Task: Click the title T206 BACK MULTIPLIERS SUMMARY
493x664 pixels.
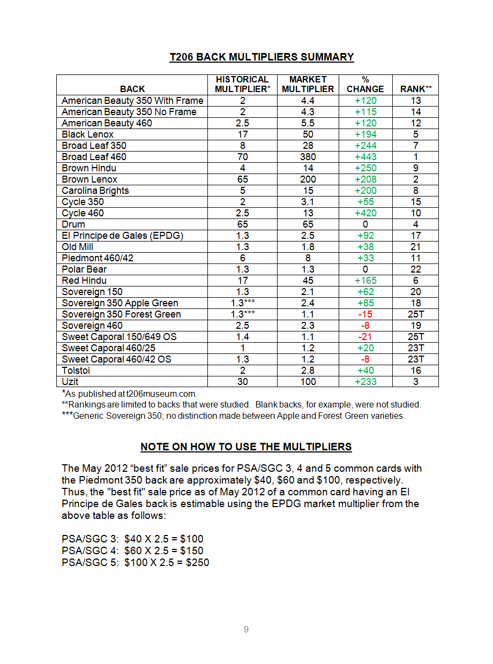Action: (262, 57)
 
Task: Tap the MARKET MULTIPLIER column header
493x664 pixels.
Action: (308, 84)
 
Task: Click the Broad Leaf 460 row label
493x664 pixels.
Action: (94, 157)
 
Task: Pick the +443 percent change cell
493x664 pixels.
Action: (365, 157)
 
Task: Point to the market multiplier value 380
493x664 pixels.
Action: (308, 157)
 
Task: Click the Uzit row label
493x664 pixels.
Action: (70, 382)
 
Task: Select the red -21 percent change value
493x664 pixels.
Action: (365, 337)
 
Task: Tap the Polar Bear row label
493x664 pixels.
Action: (84, 269)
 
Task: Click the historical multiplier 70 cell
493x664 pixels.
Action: (242, 157)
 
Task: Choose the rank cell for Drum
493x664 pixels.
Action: (416, 224)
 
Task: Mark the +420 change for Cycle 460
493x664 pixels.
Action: (365, 213)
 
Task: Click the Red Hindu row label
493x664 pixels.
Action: (84, 281)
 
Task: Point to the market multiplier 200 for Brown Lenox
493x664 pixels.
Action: (308, 179)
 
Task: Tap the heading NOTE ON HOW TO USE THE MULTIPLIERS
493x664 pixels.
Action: (246, 447)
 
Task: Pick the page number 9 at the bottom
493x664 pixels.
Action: (246, 630)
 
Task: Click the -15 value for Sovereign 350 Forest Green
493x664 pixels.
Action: (365, 314)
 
